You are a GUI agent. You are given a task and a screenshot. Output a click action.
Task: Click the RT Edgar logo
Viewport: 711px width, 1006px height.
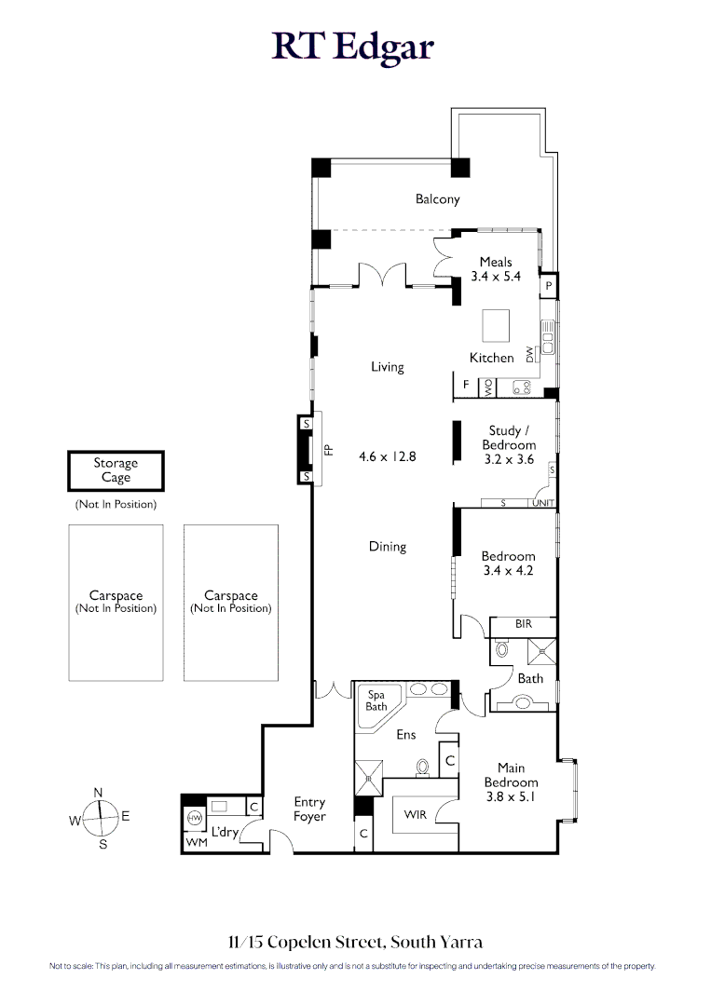(352, 47)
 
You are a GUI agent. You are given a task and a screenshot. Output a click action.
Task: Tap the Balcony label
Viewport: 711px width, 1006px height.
(438, 199)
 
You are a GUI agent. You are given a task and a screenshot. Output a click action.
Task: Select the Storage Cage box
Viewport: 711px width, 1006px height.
(116, 471)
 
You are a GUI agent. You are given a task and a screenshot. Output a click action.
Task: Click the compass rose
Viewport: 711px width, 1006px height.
(100, 818)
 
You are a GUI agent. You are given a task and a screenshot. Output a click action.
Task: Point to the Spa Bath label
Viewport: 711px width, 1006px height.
(376, 700)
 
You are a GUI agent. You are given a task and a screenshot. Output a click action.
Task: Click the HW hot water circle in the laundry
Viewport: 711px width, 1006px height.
(195, 818)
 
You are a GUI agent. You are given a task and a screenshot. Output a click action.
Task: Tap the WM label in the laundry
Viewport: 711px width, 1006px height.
(197, 842)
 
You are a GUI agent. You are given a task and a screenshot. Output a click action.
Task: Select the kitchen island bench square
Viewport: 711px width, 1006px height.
(496, 325)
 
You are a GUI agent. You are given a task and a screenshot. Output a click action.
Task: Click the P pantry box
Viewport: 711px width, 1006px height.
(549, 285)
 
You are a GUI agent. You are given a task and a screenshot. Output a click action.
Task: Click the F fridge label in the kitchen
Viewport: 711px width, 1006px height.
(467, 385)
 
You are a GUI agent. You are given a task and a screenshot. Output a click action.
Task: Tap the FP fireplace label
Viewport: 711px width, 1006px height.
(329, 450)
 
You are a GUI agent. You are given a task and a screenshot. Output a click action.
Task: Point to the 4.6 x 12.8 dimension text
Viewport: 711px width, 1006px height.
(388, 456)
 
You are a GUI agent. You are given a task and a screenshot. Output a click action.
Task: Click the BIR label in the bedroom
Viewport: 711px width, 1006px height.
(524, 623)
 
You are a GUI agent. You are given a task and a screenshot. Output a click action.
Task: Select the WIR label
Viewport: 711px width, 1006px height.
(416, 814)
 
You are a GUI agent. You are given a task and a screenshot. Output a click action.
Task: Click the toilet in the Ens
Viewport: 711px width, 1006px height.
(422, 768)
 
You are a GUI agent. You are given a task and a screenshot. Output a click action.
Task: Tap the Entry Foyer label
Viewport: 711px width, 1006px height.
(310, 809)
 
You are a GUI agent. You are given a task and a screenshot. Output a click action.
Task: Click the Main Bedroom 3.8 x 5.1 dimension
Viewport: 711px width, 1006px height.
(511, 796)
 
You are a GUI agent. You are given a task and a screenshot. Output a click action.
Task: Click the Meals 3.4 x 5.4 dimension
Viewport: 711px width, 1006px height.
(496, 277)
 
